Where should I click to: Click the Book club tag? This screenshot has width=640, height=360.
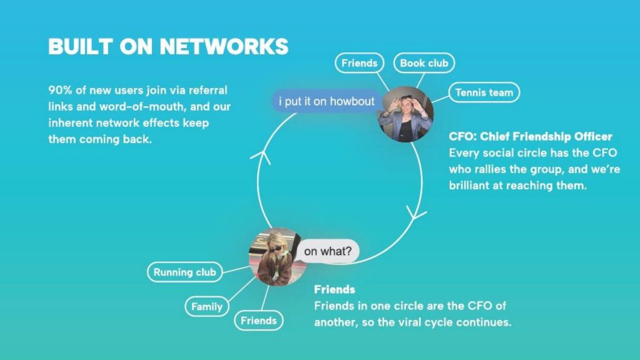pos(424,63)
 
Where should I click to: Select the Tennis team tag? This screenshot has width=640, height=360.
pos(484,92)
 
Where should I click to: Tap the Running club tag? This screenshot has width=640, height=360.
pos(185,272)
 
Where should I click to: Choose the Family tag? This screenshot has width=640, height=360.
pos(207,307)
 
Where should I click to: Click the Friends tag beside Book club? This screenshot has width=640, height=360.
pos(359,63)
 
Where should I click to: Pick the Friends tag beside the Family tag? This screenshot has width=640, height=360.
pos(259,321)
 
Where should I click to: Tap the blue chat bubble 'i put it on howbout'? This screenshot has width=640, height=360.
pos(326,101)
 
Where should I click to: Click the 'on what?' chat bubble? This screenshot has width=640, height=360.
pos(327,251)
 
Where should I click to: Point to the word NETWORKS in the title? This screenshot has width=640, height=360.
pos(224,46)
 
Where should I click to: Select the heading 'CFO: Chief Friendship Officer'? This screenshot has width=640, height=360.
pos(530,137)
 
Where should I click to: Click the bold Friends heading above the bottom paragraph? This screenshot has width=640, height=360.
pos(334,290)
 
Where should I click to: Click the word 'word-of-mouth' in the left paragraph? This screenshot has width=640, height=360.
pos(142,107)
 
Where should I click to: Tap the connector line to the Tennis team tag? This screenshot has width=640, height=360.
pos(441,99)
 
